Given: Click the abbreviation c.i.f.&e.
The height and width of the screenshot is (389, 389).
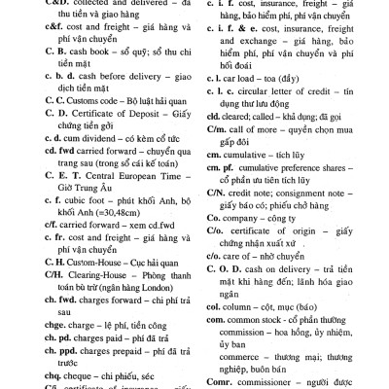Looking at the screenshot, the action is coord(226,39).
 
